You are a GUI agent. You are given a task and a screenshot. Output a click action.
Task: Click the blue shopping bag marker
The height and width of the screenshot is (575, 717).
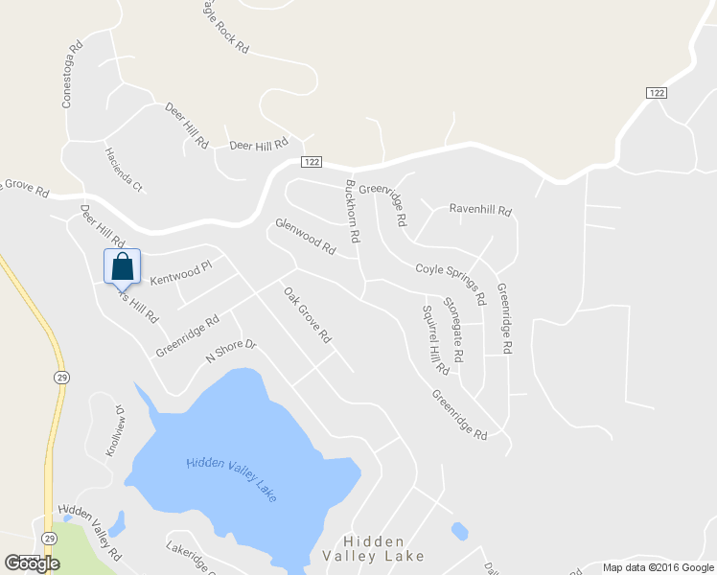click(x=122, y=267)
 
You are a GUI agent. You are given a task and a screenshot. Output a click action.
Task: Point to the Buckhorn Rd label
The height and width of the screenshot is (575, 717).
click(x=352, y=210)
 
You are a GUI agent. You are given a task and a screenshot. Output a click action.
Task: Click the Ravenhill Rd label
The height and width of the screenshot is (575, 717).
click(x=480, y=210)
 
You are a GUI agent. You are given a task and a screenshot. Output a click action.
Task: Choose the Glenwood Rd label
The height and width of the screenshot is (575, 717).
click(x=306, y=236)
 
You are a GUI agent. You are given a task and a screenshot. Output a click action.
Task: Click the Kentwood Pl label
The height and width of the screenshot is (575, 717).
click(x=180, y=274)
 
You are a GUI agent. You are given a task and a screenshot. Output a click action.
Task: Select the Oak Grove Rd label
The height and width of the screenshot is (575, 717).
click(x=307, y=315)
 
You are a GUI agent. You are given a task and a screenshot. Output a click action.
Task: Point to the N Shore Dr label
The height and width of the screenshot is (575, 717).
click(x=232, y=352)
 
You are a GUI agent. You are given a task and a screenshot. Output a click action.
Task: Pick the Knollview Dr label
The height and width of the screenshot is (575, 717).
click(x=116, y=430)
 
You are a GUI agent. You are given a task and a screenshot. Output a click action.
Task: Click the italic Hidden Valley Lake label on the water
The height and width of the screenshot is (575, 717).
click(x=231, y=476)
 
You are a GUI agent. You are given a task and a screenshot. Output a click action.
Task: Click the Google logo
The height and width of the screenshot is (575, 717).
click(x=32, y=563)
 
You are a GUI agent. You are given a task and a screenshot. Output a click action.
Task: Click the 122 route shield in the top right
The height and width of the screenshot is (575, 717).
click(x=656, y=92)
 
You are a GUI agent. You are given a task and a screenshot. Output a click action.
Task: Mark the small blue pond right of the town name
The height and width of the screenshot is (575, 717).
click(x=459, y=530)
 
